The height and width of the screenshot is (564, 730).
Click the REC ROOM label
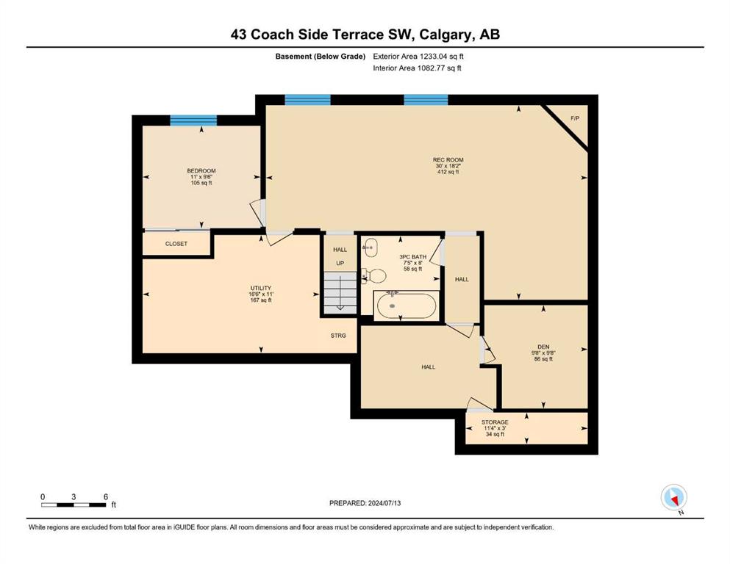pyautogui.click(x=448, y=160)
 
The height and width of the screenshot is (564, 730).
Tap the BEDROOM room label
pyautogui.click(x=201, y=171)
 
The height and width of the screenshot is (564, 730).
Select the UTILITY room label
pyautogui.click(x=261, y=289)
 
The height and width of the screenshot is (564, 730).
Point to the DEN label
pyautogui.click(x=543, y=347)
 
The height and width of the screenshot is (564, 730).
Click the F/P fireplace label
pyautogui.click(x=575, y=118)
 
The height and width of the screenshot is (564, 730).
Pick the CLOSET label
pyautogui.click(x=176, y=244)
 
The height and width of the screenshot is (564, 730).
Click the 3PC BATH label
pyautogui.click(x=413, y=256)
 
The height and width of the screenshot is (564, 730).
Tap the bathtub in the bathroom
pyautogui.click(x=407, y=305)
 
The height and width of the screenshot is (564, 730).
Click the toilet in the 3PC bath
pyautogui.click(x=374, y=275)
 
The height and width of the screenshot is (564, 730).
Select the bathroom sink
pyautogui.click(x=370, y=247)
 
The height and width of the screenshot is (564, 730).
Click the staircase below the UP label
pyautogui.click(x=340, y=292)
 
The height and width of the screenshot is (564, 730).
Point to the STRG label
pyautogui.click(x=338, y=336)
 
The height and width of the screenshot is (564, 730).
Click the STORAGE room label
pyautogui.click(x=495, y=423)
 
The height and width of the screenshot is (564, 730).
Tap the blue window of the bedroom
pyautogui.click(x=193, y=120)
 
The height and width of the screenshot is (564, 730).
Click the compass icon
pyautogui.click(x=673, y=497)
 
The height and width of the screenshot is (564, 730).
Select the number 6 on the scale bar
pyautogui.click(x=106, y=497)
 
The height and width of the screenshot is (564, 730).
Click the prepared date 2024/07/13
pyautogui.click(x=384, y=503)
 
